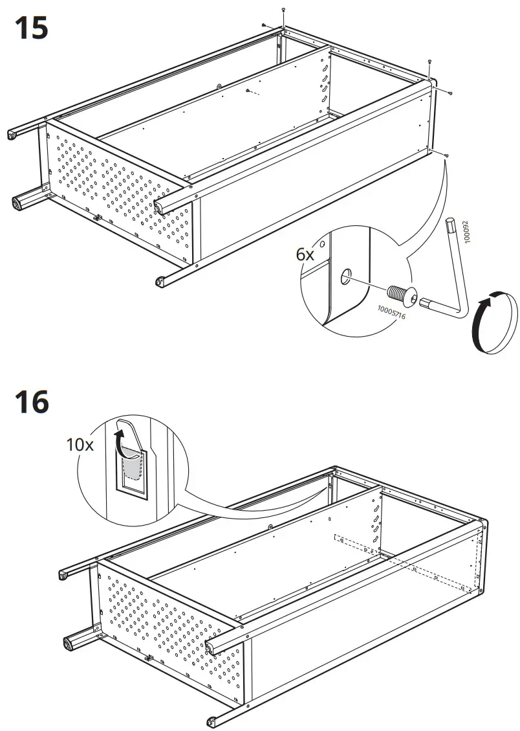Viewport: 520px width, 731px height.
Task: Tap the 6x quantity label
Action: [x=305, y=254]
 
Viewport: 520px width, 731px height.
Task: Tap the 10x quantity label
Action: [x=80, y=445]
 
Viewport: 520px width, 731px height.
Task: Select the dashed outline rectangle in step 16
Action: [x=401, y=561]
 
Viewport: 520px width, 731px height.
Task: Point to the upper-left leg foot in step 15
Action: [x=12, y=134]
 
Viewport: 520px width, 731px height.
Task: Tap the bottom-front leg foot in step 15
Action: [x=159, y=281]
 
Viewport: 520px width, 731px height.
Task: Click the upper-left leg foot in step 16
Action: [x=63, y=575]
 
